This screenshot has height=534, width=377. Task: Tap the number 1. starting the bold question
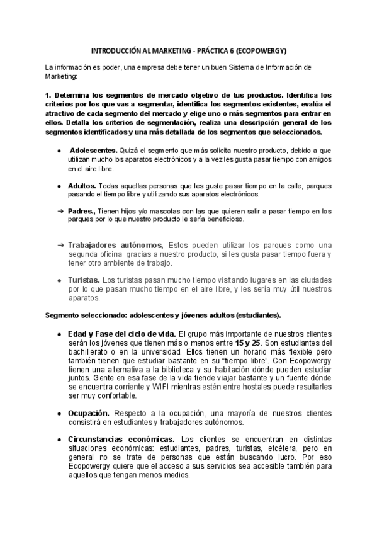pyautogui.click(x=47, y=95)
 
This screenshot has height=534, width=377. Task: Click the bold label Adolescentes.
pyautogui.click(x=93, y=152)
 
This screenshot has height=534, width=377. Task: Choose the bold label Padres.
pyautogui.click(x=81, y=212)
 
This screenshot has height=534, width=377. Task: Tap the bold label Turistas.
pyautogui.click(x=84, y=279)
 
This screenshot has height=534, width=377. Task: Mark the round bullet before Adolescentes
pyautogui.click(x=59, y=152)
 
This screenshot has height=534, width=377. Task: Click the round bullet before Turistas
pyautogui.click(x=59, y=279)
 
